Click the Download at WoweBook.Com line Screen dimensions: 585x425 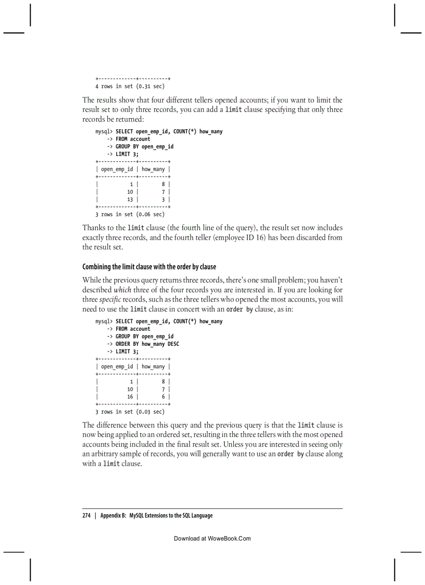click(x=212, y=538)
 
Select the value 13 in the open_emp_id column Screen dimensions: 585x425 click(x=130, y=200)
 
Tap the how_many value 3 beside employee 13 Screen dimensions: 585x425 click(x=163, y=200)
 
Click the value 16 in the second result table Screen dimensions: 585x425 click(x=130, y=396)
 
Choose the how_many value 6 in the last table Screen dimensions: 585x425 click(x=163, y=396)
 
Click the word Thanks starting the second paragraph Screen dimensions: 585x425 click(x=94, y=228)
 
